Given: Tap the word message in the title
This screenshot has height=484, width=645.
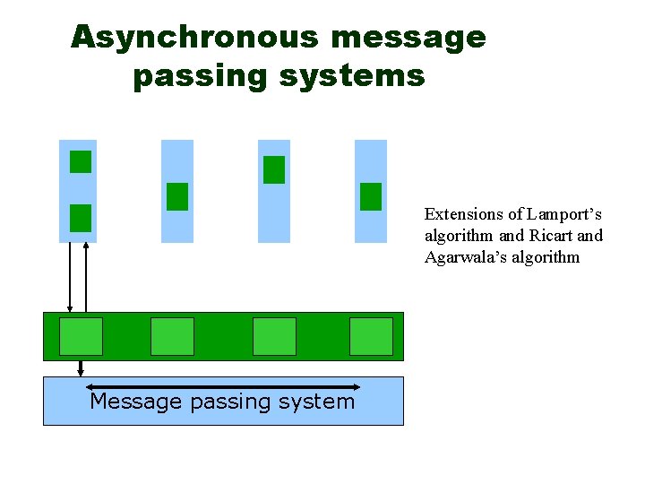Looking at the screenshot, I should (x=408, y=37).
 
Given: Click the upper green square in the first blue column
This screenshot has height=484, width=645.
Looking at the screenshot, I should (x=81, y=161).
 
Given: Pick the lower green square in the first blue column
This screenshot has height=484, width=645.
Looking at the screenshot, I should (x=81, y=218).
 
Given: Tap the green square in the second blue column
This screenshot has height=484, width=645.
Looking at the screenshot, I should (x=177, y=196).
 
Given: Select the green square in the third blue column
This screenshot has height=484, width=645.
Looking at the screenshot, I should (x=274, y=169).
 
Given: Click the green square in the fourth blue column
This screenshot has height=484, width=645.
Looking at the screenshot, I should (x=371, y=196).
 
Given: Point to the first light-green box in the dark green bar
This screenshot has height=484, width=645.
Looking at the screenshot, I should (x=81, y=336).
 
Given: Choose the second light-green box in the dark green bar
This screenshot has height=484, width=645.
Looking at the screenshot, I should (x=172, y=336).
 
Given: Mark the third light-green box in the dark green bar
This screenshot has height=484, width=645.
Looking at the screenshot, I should (x=274, y=336).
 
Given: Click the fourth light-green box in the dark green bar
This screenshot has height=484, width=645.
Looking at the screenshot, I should (x=371, y=336).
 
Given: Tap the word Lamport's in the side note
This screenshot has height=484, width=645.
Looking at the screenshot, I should (x=564, y=214).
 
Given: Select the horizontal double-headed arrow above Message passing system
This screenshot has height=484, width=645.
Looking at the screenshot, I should (x=224, y=387).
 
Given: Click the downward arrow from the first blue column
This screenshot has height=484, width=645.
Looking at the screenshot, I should (x=70, y=278).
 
